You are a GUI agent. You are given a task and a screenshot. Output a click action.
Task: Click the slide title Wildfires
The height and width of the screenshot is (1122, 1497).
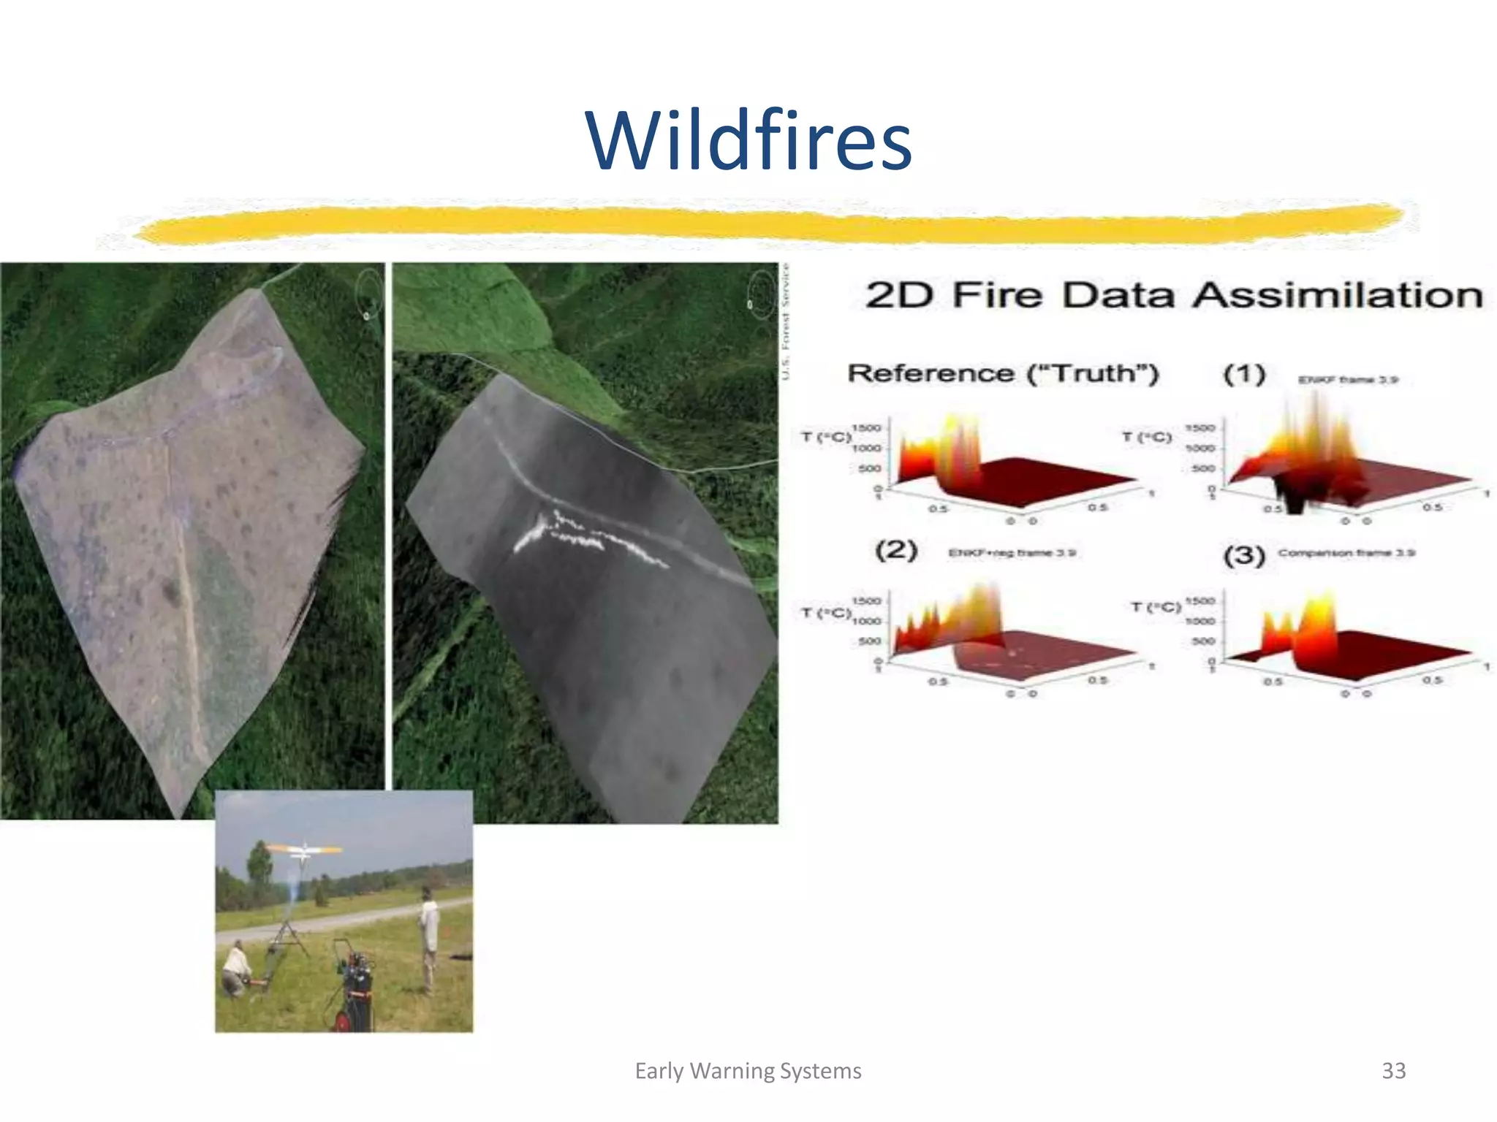pos(748,140)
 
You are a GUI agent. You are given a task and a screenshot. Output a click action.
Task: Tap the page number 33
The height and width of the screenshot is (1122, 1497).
pos(1393,1071)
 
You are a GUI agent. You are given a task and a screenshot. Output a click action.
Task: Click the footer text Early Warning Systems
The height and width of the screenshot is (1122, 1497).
pos(748,1071)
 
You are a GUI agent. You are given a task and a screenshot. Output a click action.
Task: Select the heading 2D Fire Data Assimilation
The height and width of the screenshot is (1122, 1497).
pos(1173,296)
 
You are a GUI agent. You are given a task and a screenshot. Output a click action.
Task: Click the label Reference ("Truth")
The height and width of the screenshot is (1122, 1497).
pos(1003,373)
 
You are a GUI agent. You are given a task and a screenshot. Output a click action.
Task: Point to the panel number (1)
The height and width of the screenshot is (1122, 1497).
pos(1244,375)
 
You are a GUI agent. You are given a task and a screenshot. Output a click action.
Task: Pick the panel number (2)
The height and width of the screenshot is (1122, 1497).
pos(896,549)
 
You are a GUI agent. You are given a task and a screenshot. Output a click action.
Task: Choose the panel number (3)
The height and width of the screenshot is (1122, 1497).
pos(1244,555)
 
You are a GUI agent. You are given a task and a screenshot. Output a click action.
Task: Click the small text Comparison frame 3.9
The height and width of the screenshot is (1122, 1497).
pos(1346,553)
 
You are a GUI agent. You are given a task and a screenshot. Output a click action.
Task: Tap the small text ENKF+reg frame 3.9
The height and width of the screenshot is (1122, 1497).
pos(1012,553)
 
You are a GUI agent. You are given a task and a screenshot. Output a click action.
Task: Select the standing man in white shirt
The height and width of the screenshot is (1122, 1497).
pos(429,939)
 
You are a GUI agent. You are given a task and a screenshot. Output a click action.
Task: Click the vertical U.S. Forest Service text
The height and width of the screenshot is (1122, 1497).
pos(786,321)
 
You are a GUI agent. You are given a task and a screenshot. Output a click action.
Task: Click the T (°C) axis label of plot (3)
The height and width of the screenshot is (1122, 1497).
pos(1156,607)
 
